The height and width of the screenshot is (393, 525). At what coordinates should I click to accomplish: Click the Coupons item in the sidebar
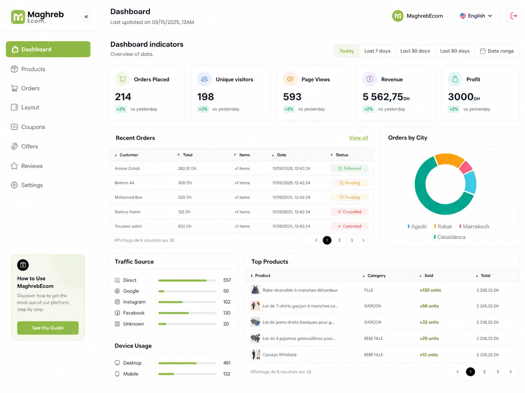pos(28,127)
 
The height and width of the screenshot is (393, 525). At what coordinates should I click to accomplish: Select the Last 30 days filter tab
pos(415,51)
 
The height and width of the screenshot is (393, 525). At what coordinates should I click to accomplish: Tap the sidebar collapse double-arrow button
pos(86,16)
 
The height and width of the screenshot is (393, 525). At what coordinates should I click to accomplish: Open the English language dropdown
pos(476,16)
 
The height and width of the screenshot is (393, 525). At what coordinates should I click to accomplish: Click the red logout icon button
pos(513,16)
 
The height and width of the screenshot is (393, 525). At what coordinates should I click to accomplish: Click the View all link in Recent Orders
pos(358,138)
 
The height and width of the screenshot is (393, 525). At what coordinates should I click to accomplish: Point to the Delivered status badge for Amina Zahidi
pos(350,168)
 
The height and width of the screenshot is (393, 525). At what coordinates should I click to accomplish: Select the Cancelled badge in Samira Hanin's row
pos(350,212)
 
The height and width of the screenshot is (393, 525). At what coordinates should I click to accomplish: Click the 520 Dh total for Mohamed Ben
pos(185,197)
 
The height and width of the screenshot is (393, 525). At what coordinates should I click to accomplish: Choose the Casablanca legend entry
pos(450,237)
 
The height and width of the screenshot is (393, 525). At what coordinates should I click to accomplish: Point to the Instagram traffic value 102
pos(227,302)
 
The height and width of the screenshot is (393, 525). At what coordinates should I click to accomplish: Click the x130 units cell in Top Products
pos(430,290)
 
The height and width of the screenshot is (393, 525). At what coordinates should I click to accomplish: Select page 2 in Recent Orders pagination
pos(339,240)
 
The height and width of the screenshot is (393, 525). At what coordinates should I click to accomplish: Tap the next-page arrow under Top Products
pos(510,372)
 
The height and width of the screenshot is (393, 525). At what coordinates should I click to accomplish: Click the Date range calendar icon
pos(483,51)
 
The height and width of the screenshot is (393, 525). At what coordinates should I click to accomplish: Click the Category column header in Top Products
pos(376,275)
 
